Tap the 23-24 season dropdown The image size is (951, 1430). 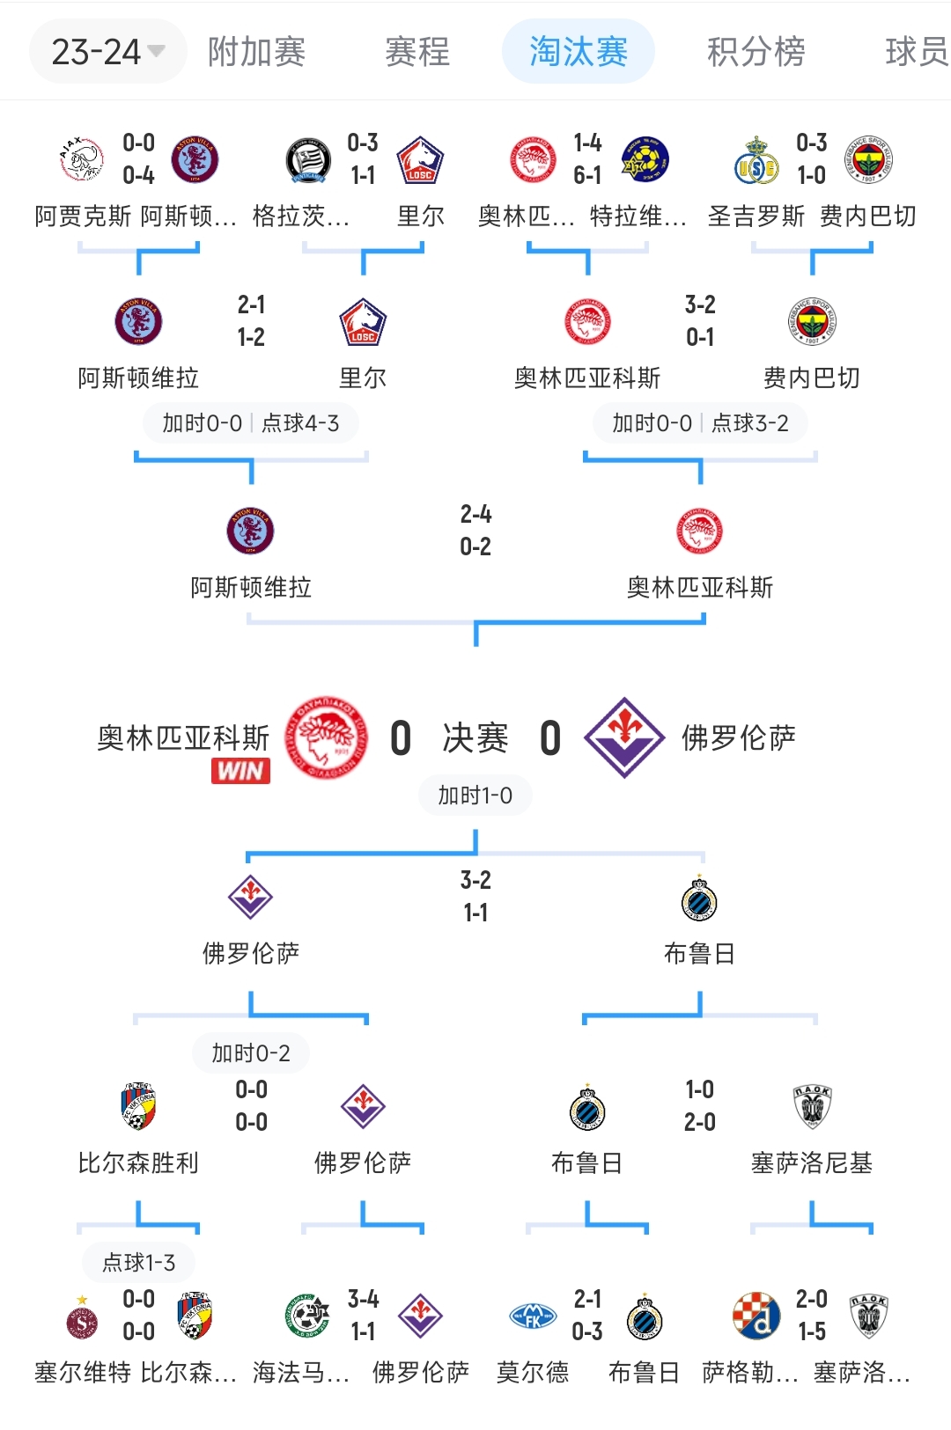107,52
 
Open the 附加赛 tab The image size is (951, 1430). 256,52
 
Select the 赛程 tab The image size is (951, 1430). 417,52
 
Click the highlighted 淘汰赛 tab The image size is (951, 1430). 578,52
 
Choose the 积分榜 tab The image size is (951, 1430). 756,52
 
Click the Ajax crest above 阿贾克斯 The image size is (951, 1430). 82,159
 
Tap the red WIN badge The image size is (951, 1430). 240,771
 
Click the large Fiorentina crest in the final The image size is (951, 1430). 624,737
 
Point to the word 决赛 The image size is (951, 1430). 475,737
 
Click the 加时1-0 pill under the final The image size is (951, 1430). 475,796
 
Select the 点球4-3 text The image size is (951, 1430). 300,423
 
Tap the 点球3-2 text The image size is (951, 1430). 750,423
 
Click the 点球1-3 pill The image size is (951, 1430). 138,1263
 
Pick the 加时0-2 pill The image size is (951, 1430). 251,1052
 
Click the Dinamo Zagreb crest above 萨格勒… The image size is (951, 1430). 756,1316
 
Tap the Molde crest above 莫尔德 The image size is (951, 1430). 533,1316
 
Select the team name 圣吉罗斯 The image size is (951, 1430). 756,216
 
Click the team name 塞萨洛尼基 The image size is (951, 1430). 812,1163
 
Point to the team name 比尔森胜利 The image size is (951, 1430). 138,1163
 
